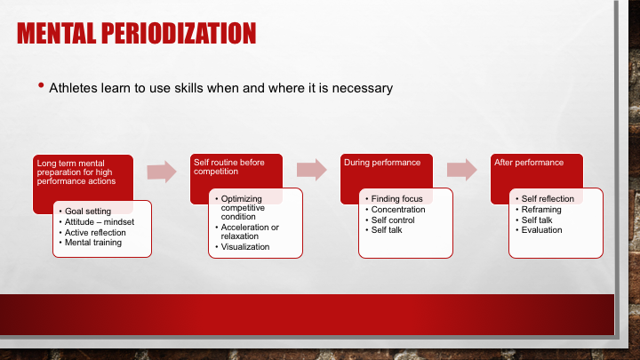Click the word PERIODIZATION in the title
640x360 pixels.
179,33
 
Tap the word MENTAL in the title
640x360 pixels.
56,33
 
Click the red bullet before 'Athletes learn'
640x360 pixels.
41,85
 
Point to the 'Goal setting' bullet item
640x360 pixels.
88,211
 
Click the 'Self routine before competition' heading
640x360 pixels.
229,167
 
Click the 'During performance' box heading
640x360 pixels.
382,163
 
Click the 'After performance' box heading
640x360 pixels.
529,163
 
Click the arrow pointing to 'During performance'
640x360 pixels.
312,170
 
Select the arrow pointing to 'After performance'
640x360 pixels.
462,170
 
